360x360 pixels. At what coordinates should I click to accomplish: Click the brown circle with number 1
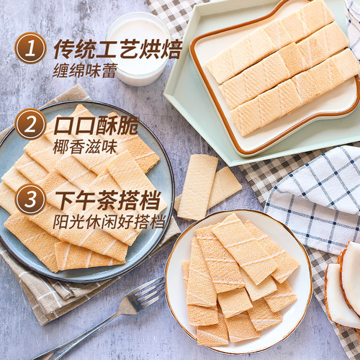point(30,50)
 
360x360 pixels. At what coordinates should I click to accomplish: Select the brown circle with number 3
point(30,199)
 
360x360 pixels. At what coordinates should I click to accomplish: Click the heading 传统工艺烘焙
point(117,50)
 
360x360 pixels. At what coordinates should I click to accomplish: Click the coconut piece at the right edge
point(348,284)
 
